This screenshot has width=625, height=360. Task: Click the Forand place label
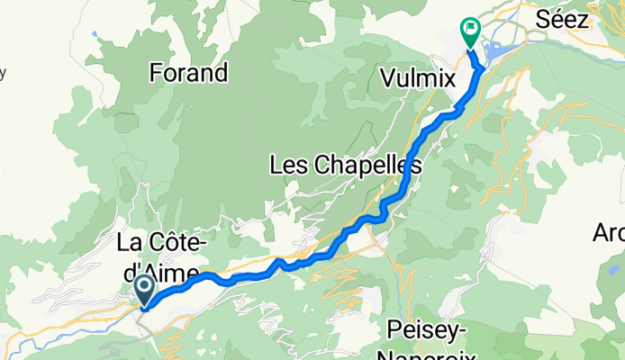(189, 72)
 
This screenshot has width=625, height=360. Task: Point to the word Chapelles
(368, 165)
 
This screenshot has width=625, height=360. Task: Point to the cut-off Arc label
(608, 233)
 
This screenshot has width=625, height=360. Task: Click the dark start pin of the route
(144, 290)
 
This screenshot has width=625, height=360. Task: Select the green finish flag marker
(470, 31)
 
